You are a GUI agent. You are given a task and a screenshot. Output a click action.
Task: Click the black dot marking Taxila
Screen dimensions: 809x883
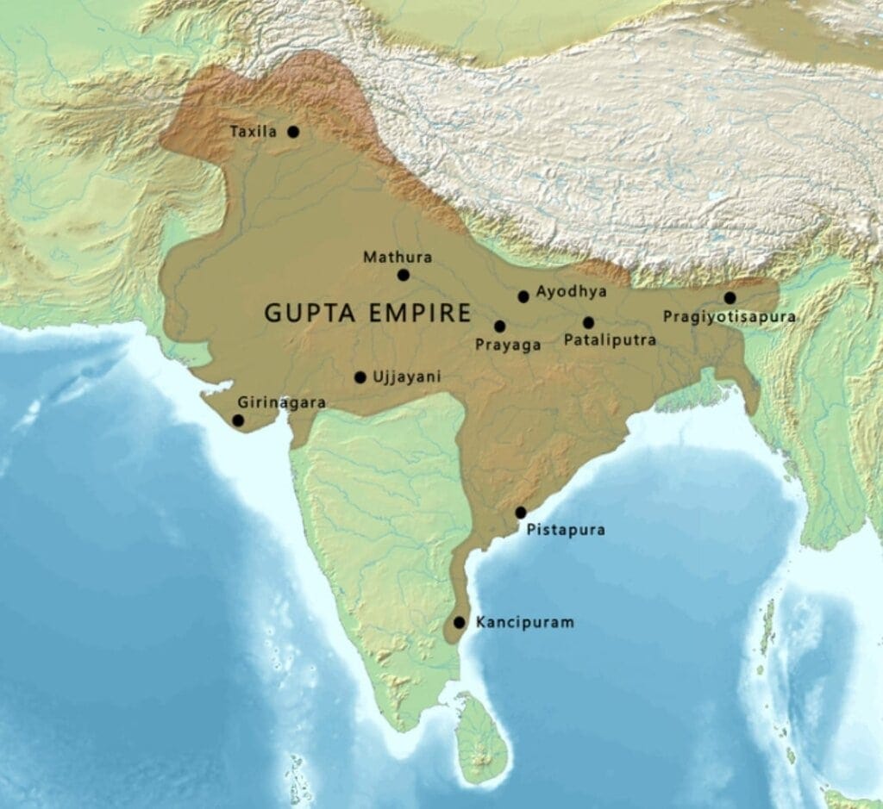(x=293, y=132)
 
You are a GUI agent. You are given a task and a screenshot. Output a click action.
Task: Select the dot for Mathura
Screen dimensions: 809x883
(x=403, y=275)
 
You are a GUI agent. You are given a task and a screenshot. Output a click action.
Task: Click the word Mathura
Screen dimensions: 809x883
(x=398, y=257)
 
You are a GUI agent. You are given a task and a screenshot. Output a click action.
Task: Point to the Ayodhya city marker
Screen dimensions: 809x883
(x=523, y=296)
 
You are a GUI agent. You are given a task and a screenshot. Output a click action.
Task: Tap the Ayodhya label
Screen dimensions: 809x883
(x=571, y=292)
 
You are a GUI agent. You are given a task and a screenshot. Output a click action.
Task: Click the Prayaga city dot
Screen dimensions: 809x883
(x=499, y=327)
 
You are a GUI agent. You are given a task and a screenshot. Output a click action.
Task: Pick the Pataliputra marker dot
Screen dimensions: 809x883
(x=588, y=323)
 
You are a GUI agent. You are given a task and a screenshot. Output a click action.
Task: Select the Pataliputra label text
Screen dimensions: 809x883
(x=610, y=340)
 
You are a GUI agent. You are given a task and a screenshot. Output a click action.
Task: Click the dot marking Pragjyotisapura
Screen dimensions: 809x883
(x=730, y=298)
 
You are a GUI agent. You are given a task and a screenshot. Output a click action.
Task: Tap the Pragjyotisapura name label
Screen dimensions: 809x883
(x=729, y=317)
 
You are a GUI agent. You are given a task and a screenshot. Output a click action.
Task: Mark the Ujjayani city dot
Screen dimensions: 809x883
(x=360, y=377)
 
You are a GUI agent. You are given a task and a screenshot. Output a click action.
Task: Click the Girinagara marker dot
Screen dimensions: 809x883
(x=238, y=420)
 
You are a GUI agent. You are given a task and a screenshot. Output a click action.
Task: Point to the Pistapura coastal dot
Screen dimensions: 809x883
(x=521, y=513)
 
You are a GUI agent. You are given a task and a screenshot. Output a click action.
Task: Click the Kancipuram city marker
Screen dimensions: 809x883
(x=459, y=622)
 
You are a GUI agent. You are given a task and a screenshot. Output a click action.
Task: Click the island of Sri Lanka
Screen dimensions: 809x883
(x=480, y=737)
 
